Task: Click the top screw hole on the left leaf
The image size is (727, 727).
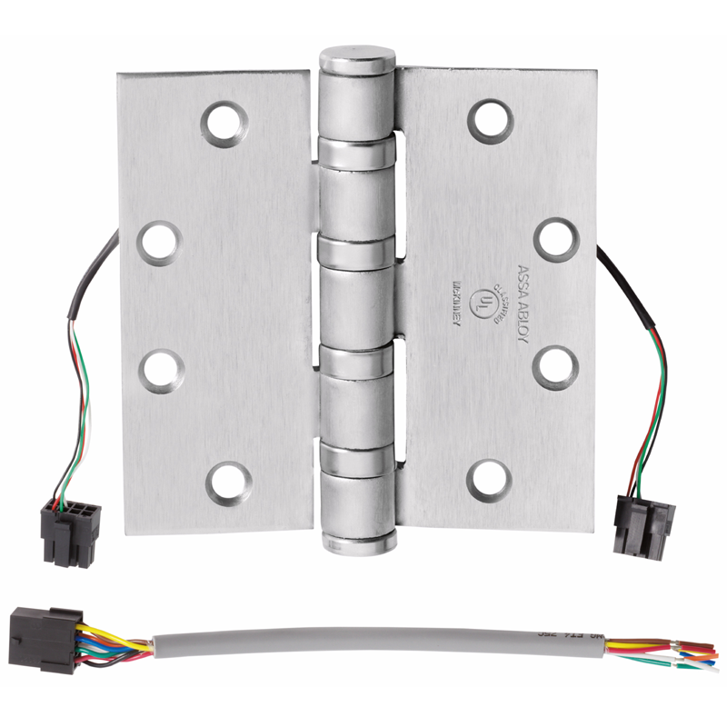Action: tap(224, 122)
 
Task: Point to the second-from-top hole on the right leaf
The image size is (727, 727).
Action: tap(556, 239)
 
